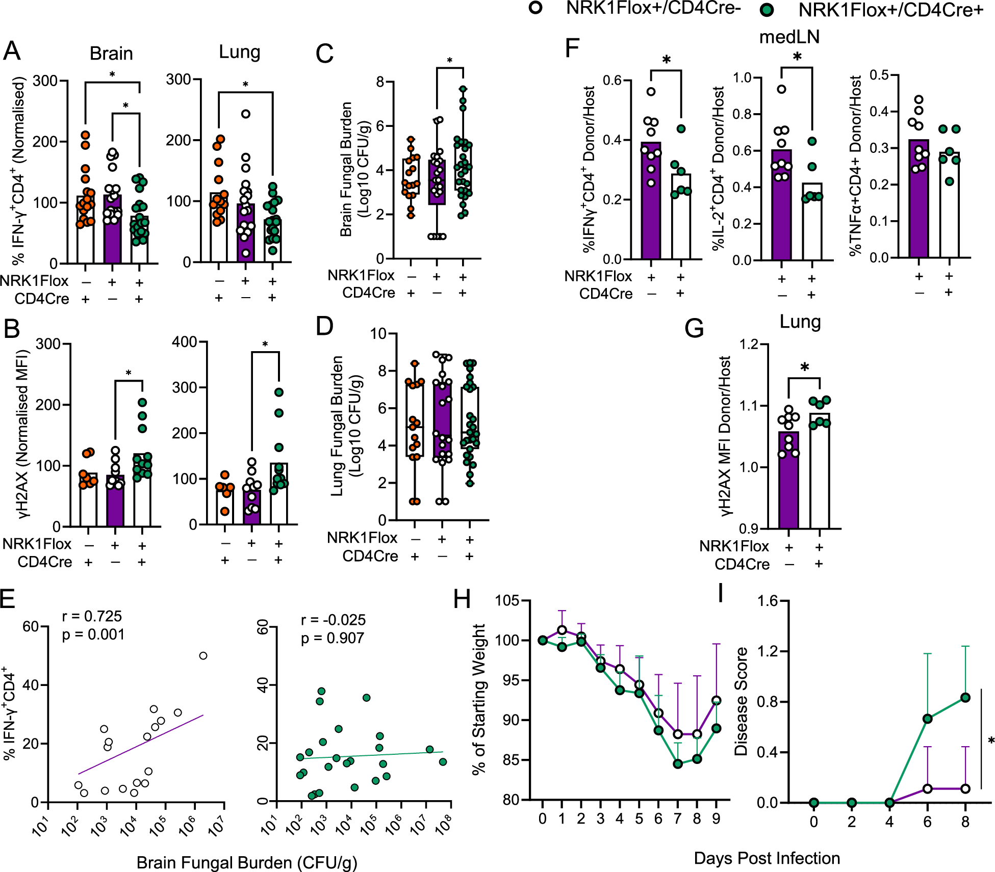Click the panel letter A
[x=12, y=51]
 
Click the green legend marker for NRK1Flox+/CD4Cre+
[x=766, y=10]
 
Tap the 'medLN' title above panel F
[x=789, y=37]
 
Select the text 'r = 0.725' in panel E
[x=92, y=616]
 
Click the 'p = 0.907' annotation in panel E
[x=333, y=638]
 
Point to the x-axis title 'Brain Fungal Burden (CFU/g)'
[x=247, y=862]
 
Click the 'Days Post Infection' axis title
[x=767, y=858]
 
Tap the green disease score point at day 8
[x=965, y=697]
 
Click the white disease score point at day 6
[x=927, y=788]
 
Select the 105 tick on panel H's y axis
[x=507, y=601]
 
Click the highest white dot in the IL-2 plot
[x=781, y=89]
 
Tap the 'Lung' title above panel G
[x=800, y=322]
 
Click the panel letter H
[x=462, y=599]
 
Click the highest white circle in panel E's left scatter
[x=203, y=655]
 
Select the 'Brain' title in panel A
[x=111, y=54]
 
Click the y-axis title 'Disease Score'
[x=741, y=701]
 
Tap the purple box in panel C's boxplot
[x=437, y=182]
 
